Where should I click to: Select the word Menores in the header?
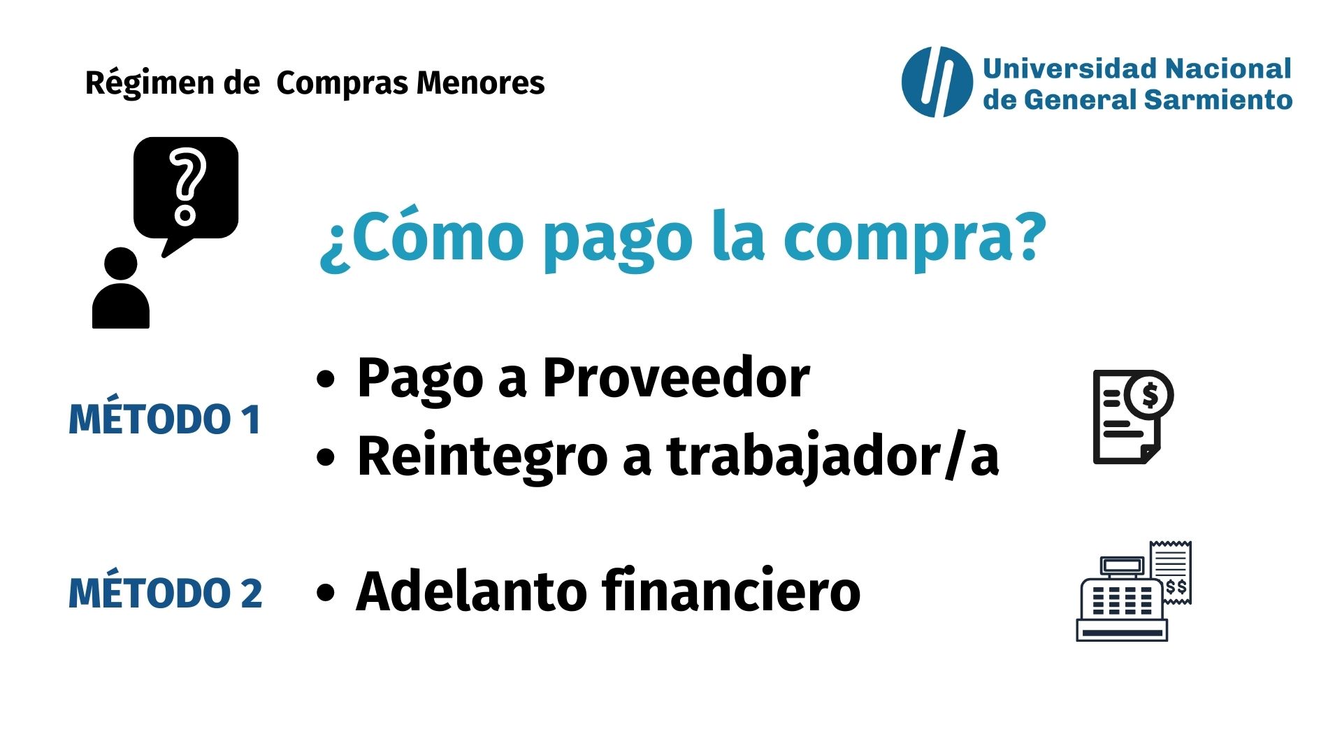point(480,82)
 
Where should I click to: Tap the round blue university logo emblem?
point(937,82)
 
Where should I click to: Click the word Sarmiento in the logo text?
point(1218,100)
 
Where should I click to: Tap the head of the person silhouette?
point(120,264)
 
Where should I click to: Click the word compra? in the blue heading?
point(915,240)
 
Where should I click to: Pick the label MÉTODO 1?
point(165,419)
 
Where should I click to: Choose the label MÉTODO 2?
point(166,594)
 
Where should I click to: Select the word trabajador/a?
point(833,456)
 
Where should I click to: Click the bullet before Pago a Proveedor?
point(326,380)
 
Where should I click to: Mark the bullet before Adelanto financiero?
point(326,593)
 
